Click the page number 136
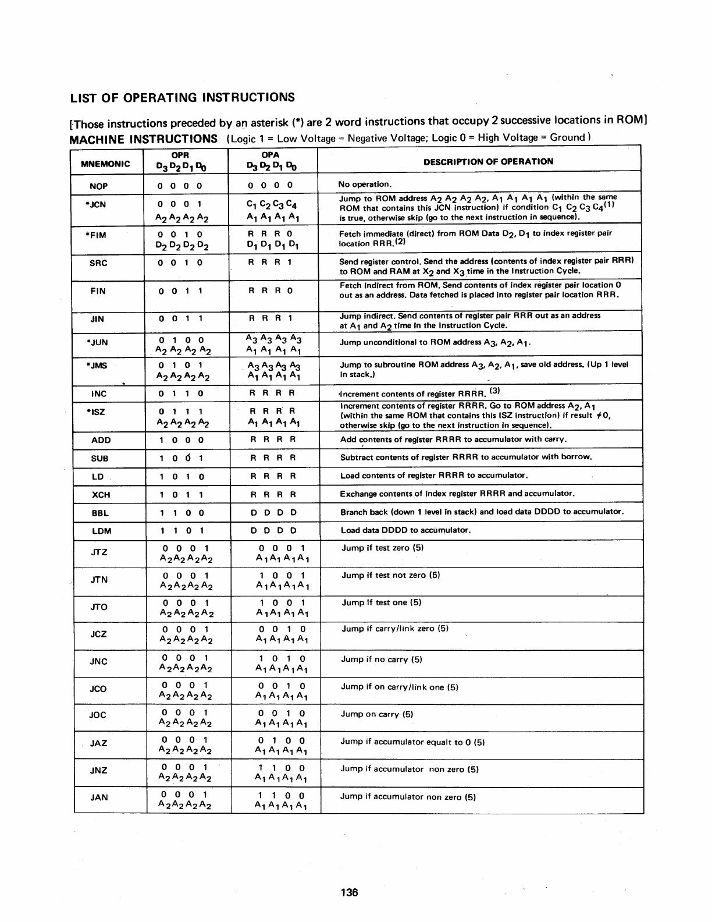(350, 892)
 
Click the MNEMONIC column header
(105, 164)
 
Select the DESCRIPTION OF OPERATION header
(488, 161)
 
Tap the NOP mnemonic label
(98, 186)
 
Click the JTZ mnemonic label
(99, 552)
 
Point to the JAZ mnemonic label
(99, 743)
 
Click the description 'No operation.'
(365, 185)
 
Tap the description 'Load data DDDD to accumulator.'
(405, 530)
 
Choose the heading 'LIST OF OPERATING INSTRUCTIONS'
(182, 97)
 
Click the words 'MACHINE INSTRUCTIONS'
(143, 139)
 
